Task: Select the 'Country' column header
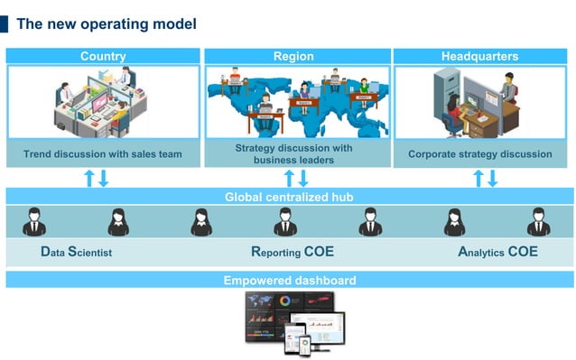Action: pos(103,56)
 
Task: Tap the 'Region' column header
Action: pos(293,56)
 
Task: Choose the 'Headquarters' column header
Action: pos(479,56)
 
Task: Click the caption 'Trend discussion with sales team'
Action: pos(103,154)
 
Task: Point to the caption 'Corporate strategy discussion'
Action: pos(479,154)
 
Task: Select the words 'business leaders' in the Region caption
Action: pos(293,161)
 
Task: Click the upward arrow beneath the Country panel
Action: pos(89,178)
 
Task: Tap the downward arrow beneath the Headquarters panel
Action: pos(492,179)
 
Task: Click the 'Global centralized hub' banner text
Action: pos(289,197)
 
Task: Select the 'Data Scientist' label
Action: pos(77,253)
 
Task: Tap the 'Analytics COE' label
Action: pos(497,253)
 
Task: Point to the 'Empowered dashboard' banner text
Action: pos(289,281)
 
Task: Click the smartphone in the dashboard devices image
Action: pos(304,345)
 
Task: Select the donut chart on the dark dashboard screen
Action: pos(284,301)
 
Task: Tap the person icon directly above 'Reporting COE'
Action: pos(284,222)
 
